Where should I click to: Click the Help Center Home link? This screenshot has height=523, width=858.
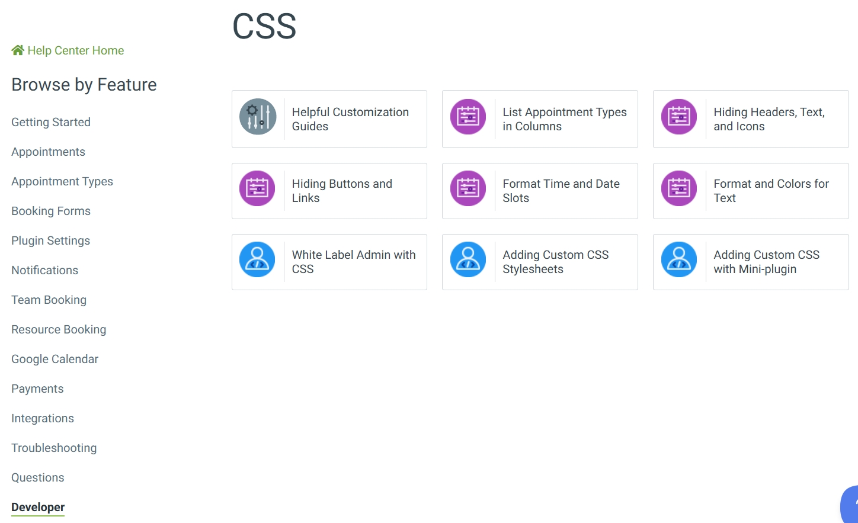(75, 51)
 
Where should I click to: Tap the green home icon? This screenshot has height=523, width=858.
(18, 50)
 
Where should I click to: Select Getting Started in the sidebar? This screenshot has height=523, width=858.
(51, 123)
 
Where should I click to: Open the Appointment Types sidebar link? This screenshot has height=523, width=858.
(62, 182)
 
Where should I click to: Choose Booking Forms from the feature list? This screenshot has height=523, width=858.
(51, 211)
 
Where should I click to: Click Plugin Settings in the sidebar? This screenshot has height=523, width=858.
(51, 241)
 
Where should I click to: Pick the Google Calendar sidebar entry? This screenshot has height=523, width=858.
(55, 360)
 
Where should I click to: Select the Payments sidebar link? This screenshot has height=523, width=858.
(37, 389)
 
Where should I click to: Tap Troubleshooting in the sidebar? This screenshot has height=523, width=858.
(54, 448)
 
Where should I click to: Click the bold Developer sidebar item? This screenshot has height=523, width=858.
(38, 508)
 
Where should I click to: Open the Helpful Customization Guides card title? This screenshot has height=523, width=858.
(350, 119)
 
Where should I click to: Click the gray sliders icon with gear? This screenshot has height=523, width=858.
(258, 117)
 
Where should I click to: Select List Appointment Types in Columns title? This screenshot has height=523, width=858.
(564, 119)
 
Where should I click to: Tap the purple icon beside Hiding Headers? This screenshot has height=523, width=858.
(679, 117)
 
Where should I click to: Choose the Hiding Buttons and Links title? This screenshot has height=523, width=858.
(342, 191)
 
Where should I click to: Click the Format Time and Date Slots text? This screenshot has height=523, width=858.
(561, 191)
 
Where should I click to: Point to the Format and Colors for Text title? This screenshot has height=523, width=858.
(771, 191)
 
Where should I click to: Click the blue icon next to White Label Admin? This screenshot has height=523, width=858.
(257, 259)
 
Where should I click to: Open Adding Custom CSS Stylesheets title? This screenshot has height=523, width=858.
(555, 262)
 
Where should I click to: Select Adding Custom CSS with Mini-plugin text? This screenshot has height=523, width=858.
(766, 262)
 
